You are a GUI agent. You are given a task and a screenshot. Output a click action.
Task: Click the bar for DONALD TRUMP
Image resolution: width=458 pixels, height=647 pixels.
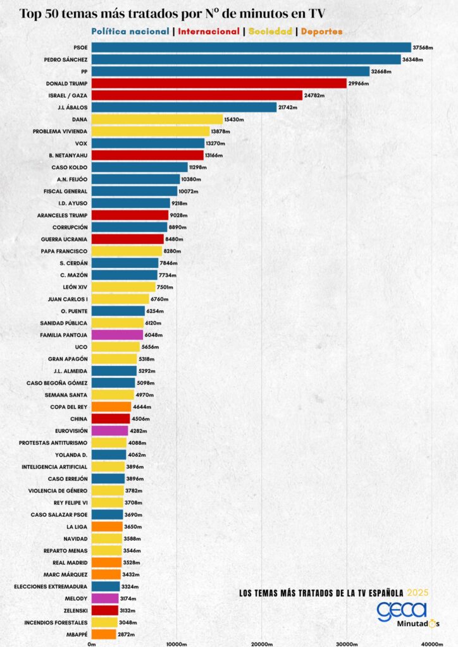219,83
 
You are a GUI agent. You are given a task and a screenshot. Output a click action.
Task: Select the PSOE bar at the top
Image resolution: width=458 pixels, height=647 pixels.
251,47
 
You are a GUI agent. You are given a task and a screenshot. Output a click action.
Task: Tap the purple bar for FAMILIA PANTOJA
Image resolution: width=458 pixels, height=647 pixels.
117,335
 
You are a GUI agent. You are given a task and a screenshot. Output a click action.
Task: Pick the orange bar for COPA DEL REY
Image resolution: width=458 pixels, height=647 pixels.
111,407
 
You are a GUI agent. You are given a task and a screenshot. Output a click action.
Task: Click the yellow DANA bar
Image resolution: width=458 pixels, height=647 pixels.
157,119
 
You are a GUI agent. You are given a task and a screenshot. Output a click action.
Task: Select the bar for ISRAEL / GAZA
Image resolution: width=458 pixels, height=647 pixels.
197,95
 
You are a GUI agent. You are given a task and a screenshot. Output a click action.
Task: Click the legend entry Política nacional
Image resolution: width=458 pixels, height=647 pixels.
130,31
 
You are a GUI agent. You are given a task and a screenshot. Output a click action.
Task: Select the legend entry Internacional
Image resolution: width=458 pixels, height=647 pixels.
209,31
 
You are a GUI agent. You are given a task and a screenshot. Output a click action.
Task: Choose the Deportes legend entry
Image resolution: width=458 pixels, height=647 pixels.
321,31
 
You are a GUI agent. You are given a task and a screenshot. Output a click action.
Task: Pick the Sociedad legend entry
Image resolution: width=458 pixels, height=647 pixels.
270,31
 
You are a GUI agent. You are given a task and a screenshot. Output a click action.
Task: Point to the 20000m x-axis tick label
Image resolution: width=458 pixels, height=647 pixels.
262,644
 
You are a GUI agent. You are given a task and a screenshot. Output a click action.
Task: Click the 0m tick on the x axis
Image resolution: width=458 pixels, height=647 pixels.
92,644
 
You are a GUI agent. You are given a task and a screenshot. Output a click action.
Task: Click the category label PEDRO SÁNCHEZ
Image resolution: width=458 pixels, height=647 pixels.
66,59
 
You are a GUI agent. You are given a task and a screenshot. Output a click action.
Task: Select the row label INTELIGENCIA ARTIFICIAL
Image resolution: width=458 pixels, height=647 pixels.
54,467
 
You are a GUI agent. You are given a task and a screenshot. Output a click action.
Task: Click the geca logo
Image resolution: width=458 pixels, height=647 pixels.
402,611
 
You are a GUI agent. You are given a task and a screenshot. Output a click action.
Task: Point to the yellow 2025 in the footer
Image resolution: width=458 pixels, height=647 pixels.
418,593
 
